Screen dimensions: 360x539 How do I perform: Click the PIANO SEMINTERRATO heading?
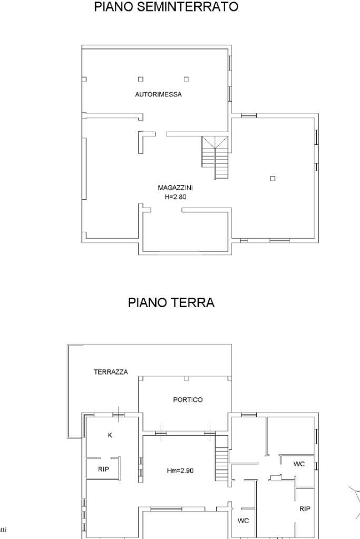click(x=166, y=6)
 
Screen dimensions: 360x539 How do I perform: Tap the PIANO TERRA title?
click(x=171, y=302)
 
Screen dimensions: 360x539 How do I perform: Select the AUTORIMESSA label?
click(x=158, y=94)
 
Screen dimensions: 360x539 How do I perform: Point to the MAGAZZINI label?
click(x=175, y=188)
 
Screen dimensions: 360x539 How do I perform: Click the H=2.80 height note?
click(x=176, y=197)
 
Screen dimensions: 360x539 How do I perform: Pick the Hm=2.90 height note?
click(x=180, y=471)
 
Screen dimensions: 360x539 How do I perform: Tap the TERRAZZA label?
click(x=111, y=371)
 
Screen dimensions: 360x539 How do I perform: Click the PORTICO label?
click(x=188, y=400)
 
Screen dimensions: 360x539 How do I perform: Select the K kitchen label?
click(x=110, y=435)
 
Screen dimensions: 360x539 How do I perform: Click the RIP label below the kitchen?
click(x=103, y=469)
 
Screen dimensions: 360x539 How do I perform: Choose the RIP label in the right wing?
click(x=305, y=509)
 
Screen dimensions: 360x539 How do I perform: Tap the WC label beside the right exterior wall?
click(x=299, y=464)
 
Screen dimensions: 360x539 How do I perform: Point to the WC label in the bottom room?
click(x=243, y=521)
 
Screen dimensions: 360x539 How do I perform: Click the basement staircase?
click(x=215, y=158)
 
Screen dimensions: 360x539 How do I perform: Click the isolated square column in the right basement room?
click(x=273, y=179)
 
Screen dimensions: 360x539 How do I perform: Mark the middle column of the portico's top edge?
click(x=187, y=378)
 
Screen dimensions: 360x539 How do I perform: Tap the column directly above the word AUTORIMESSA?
click(x=141, y=79)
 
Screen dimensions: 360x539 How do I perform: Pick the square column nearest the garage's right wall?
click(x=187, y=79)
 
